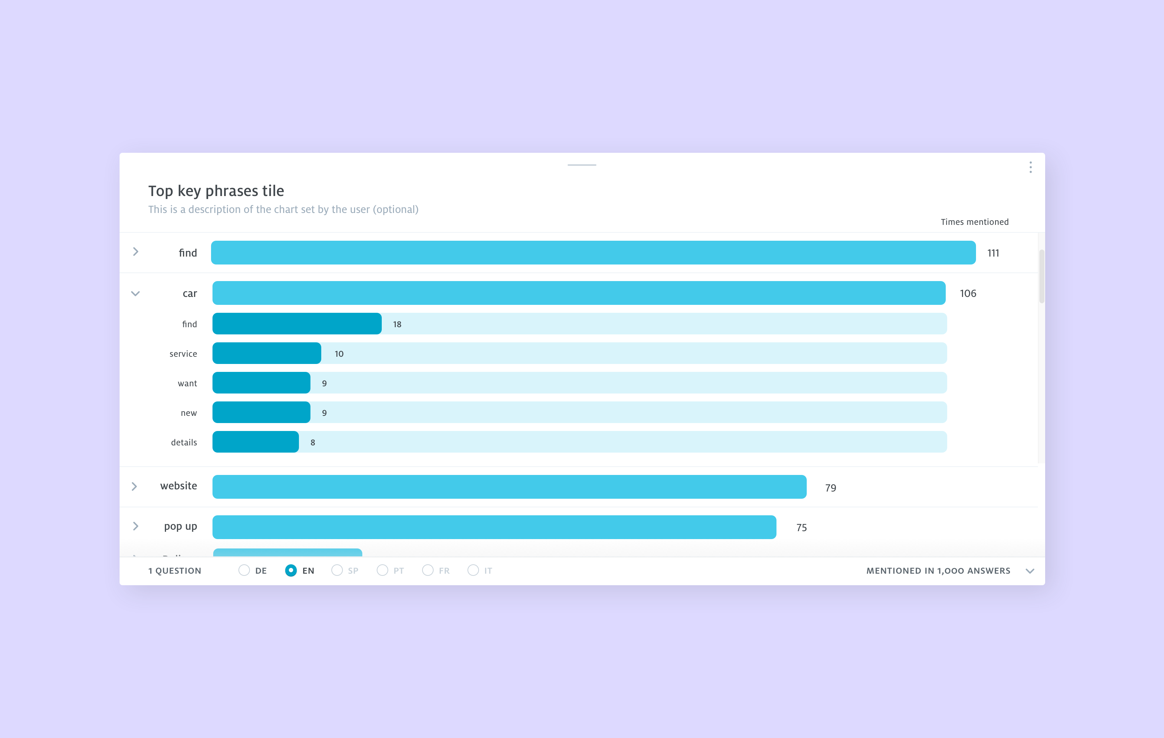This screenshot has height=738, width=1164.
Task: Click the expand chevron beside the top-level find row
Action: [x=136, y=252]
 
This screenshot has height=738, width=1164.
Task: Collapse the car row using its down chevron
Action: [x=135, y=294]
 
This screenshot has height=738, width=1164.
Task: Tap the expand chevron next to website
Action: [x=134, y=486]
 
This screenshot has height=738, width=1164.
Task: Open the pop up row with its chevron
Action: [x=135, y=526]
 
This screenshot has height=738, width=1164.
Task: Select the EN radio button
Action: [x=291, y=571]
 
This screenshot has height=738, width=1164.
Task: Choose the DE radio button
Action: [x=244, y=571]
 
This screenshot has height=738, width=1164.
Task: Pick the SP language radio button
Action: [x=337, y=571]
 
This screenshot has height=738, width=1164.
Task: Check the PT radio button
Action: [x=382, y=571]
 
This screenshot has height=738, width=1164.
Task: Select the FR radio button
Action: [x=428, y=571]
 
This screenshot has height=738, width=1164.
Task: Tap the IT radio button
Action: [x=473, y=571]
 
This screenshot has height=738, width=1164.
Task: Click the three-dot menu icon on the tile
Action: [x=1031, y=167]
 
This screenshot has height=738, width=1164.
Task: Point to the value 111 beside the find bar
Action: [x=993, y=253]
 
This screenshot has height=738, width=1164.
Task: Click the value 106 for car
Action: [x=968, y=294]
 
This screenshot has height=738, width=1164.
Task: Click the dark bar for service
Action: [x=267, y=354]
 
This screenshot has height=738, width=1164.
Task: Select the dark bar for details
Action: [x=255, y=442]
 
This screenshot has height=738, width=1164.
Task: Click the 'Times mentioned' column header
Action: [x=975, y=222]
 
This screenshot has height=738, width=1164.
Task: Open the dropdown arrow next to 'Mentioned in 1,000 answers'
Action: [x=1030, y=571]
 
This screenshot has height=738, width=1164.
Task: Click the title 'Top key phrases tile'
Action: [x=216, y=191]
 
